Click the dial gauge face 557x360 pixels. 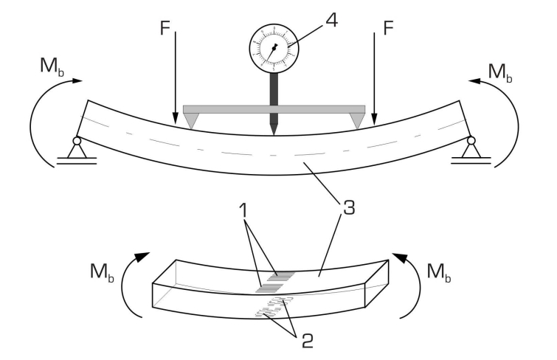coord(274,49)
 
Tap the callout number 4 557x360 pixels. coord(331,20)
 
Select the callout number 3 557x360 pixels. coord(349,207)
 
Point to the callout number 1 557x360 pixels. coord(243,210)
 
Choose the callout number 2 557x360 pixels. coord(308,341)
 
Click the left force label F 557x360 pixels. coord(165,28)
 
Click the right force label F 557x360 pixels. coord(389,28)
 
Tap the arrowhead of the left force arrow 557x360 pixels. coord(175,119)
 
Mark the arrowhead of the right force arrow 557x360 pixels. coord(374,119)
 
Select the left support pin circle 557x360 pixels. coord(77,141)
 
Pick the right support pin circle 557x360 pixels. coord(471,141)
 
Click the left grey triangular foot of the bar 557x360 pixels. coord(192,120)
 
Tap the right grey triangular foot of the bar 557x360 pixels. coord(356,120)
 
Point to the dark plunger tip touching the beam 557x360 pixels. coord(274,129)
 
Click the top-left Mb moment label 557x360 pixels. coord(52,66)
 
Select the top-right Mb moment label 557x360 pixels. coord(500,72)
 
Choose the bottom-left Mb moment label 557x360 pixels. coord(102,272)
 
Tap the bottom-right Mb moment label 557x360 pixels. coord(439,272)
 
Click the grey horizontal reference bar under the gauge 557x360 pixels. coord(274,109)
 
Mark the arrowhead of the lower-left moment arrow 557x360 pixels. coord(143,257)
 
